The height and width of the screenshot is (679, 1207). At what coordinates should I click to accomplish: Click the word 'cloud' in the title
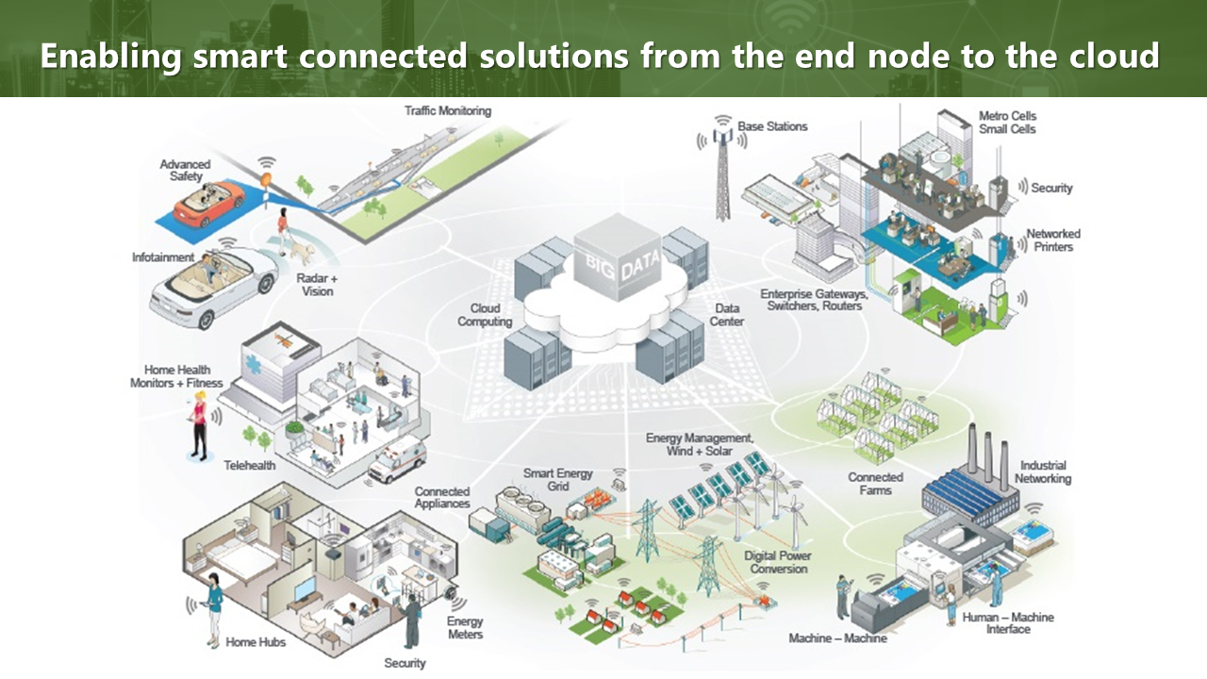tap(1114, 56)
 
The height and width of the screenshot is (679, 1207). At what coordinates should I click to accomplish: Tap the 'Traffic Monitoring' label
tap(448, 111)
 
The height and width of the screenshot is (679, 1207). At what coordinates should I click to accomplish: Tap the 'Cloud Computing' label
tap(485, 315)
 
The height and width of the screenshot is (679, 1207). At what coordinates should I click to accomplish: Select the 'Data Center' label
tap(728, 315)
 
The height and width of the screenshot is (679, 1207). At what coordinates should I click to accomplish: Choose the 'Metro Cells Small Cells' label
tap(1007, 123)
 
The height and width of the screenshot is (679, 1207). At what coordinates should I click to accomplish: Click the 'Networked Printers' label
tap(1053, 240)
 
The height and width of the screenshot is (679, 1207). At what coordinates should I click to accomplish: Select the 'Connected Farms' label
tap(875, 484)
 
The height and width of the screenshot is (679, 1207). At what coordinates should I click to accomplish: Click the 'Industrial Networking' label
tap(1043, 472)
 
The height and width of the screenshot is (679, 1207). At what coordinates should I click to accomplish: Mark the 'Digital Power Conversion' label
tap(778, 562)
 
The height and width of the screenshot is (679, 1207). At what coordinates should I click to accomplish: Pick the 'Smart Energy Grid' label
tap(558, 479)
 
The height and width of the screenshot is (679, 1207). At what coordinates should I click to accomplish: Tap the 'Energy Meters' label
tap(465, 627)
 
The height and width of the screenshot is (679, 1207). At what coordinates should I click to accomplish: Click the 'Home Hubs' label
tap(256, 642)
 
